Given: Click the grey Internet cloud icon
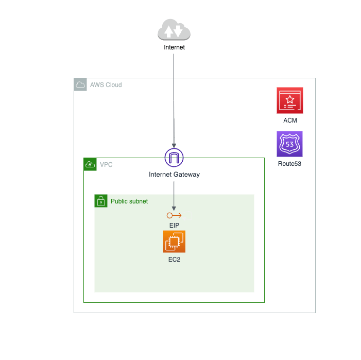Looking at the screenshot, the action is click(x=174, y=29).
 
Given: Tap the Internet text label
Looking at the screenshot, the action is click(x=174, y=47).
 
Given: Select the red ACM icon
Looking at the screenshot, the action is click(x=290, y=100).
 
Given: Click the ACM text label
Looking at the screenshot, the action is click(x=290, y=121).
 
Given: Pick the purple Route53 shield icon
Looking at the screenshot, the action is click(x=289, y=144).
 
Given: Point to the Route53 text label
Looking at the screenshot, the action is click(x=289, y=164).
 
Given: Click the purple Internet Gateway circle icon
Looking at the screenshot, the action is click(x=174, y=158).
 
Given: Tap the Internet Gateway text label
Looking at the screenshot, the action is click(x=174, y=175).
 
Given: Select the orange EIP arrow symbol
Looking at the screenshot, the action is click(x=174, y=215).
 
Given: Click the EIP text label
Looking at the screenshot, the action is click(x=174, y=226).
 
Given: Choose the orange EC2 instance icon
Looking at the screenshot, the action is click(x=174, y=242).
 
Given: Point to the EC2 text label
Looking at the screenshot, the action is click(x=174, y=260).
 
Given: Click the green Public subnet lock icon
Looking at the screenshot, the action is click(x=101, y=201).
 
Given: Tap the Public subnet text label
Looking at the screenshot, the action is click(x=129, y=201).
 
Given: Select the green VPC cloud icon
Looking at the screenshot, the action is click(x=90, y=164).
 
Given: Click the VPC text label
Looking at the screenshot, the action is click(x=106, y=165).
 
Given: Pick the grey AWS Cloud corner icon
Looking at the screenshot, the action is click(x=80, y=84).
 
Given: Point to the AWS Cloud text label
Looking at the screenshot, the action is click(x=106, y=85).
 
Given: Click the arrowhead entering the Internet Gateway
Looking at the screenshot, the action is click(x=174, y=146).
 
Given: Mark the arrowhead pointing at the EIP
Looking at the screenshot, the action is click(x=174, y=209).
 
